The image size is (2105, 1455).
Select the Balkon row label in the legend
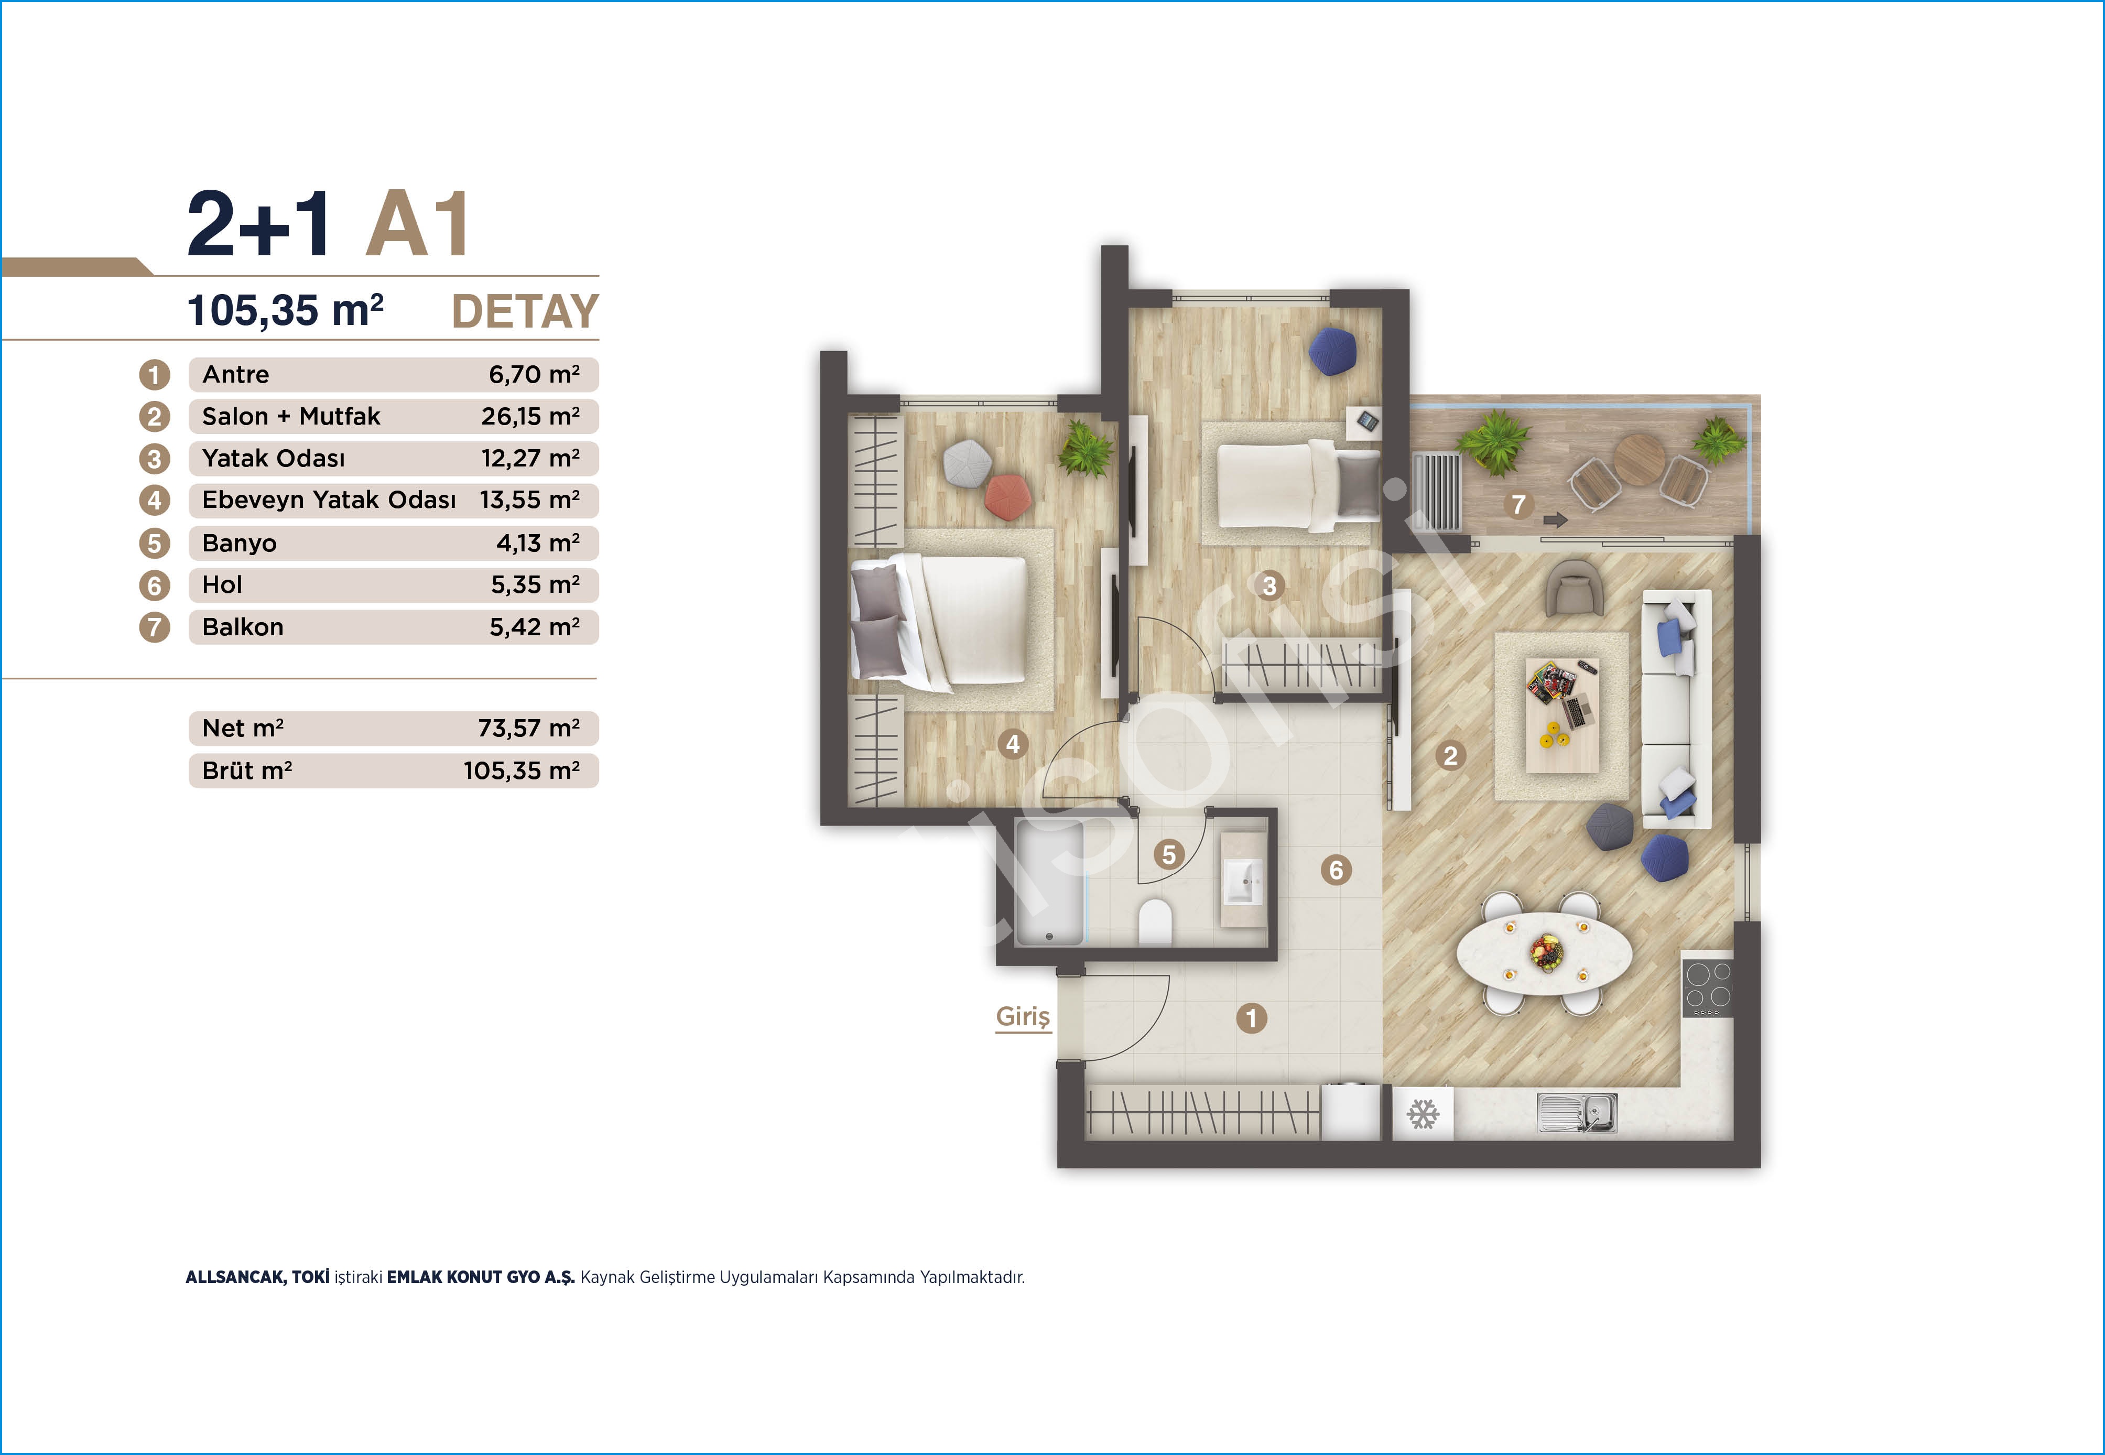243,627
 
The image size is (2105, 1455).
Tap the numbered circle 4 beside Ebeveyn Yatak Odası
154,501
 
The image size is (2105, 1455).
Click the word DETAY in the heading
525,312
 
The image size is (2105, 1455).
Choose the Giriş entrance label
1023,1016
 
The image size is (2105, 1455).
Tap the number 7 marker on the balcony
1518,504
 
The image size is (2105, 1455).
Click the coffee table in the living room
1561,715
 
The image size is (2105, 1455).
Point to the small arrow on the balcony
1555,519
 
